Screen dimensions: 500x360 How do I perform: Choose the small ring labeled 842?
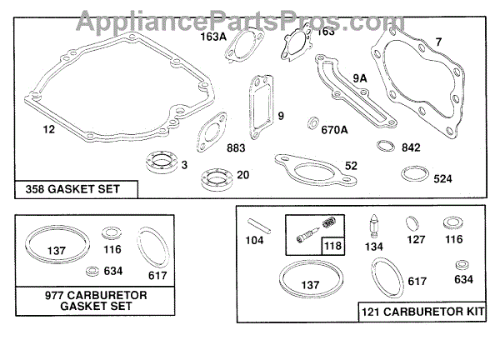(x=384, y=147)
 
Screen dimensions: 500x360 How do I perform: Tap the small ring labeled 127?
(x=412, y=224)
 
